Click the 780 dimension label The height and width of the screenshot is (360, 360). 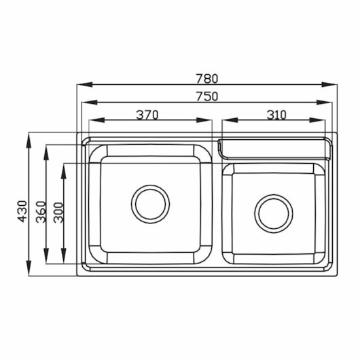pyautogui.click(x=206, y=79)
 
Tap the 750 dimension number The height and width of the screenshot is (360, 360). pyautogui.click(x=206, y=96)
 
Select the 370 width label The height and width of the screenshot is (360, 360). pyautogui.click(x=147, y=115)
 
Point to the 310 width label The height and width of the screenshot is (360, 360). pyautogui.click(x=276, y=115)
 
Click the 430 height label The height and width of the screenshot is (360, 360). pyautogui.click(x=22, y=211)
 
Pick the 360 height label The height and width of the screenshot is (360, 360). pyautogui.click(x=41, y=212)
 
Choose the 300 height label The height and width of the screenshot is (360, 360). pyautogui.click(x=58, y=213)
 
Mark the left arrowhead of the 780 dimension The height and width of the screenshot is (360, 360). pyautogui.click(x=85, y=84)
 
